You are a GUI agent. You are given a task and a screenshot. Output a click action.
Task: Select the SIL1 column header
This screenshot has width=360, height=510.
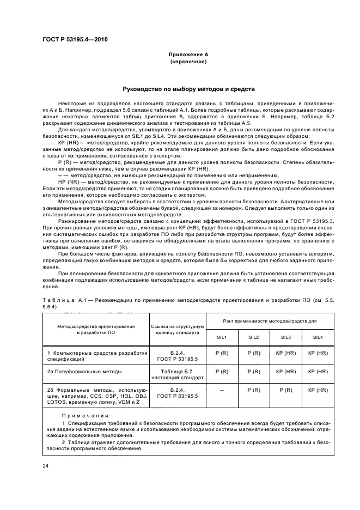[x=222, y=336]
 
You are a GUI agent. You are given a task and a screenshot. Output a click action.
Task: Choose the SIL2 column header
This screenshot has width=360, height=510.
[x=254, y=336]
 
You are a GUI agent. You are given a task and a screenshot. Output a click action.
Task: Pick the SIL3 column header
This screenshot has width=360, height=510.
[x=286, y=336]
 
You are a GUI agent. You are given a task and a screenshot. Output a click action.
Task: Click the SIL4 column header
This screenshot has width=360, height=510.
[x=318, y=336]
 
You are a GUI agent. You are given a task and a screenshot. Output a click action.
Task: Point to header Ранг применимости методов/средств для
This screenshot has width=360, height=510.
[x=270, y=322]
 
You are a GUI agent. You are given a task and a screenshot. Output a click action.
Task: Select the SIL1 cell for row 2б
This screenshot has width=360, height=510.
[x=222, y=390]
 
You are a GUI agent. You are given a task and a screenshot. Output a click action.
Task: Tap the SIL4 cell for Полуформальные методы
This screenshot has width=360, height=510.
[x=318, y=371]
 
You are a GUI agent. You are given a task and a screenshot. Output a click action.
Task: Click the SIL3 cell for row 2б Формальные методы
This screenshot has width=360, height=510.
[x=286, y=390]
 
